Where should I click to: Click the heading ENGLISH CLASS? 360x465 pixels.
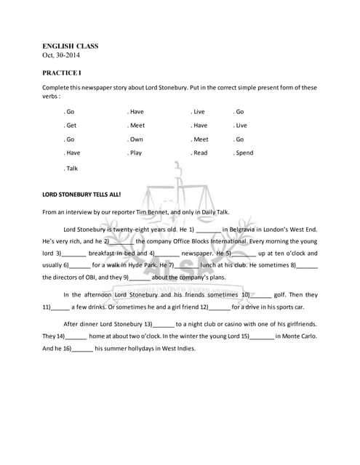[70, 46]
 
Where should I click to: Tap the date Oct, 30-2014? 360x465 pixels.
[64, 56]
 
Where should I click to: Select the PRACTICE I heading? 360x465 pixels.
[62, 73]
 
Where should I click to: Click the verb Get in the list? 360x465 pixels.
[71, 126]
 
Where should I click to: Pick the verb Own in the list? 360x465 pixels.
[135, 139]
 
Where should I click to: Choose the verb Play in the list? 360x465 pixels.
[135, 153]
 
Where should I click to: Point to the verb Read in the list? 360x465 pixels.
[200, 153]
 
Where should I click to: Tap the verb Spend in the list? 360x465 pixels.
[244, 153]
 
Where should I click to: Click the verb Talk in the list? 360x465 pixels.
[71, 168]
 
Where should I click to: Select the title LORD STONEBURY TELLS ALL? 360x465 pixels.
[81, 195]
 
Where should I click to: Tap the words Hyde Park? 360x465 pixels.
[143, 265]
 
